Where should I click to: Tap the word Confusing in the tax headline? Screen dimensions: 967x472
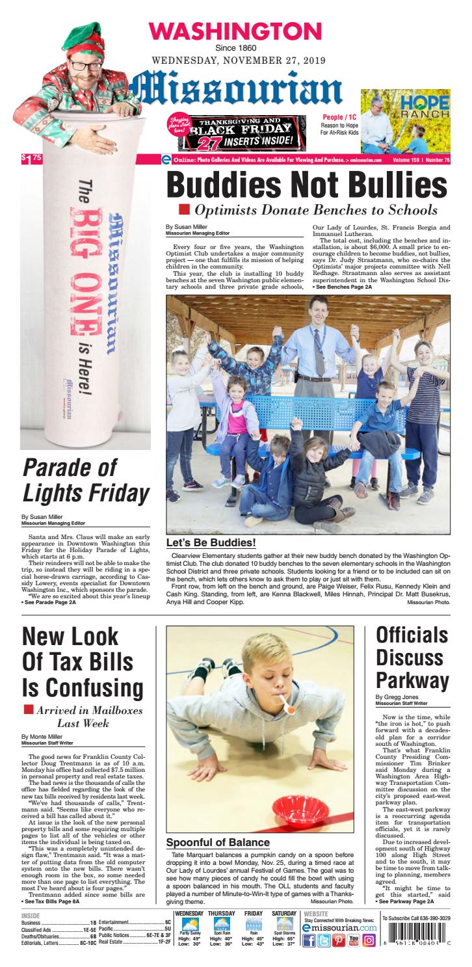[x=83, y=687]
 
